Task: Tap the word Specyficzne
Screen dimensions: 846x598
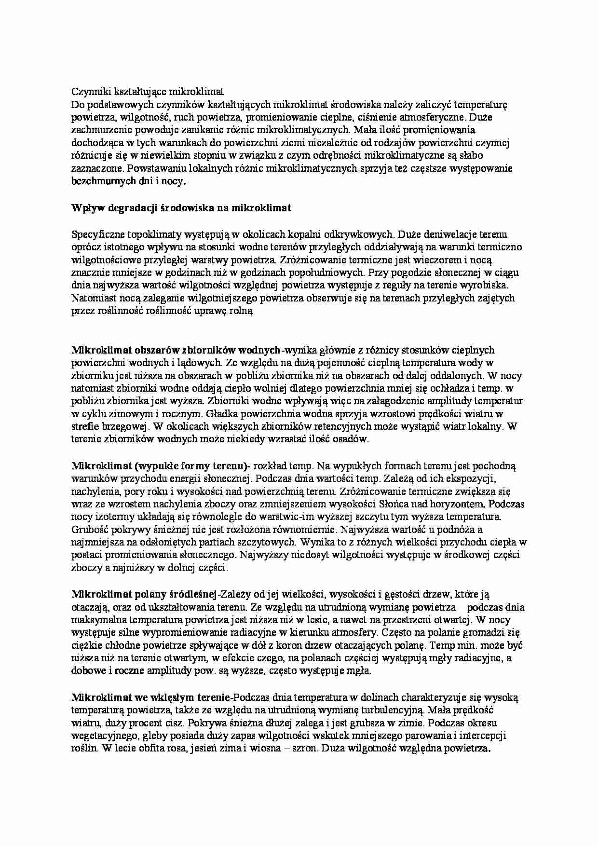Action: (x=98, y=234)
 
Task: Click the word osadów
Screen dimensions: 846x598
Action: (x=353, y=439)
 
